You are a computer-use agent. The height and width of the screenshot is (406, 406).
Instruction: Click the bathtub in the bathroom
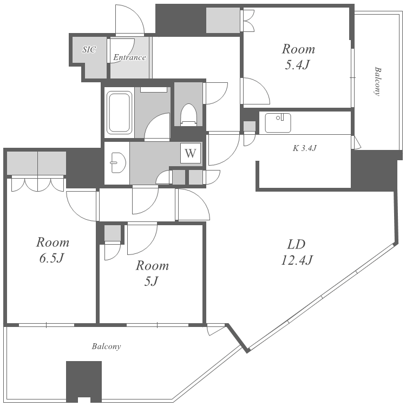(120, 113)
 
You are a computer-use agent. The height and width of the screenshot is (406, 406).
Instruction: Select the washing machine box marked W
(191, 153)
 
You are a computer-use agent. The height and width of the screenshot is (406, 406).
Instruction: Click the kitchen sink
(278, 123)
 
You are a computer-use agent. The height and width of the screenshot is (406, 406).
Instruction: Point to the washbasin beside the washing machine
(118, 162)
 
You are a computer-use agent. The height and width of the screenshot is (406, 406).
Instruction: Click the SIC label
(89, 49)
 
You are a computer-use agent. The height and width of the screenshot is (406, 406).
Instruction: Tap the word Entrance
(129, 57)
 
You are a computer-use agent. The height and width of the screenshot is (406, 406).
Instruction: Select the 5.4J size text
(297, 65)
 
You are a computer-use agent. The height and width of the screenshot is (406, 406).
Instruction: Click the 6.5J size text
(51, 258)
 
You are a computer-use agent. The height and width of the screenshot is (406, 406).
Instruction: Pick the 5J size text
(151, 281)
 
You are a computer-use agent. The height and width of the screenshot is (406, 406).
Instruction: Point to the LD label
(297, 244)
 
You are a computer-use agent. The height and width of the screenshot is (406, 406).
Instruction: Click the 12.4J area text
(297, 260)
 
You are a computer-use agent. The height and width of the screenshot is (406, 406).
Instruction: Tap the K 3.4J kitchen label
(304, 148)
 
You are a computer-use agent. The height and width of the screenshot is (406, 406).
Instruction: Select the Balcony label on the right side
(378, 82)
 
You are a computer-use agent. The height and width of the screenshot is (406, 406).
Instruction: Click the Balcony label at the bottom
(107, 346)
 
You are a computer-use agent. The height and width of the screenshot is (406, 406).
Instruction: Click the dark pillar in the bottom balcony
(83, 381)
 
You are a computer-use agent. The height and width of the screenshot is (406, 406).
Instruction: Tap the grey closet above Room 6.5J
(36, 163)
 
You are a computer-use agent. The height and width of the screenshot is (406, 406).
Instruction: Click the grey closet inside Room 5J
(113, 233)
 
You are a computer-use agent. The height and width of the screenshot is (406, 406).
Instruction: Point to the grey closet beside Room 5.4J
(222, 20)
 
